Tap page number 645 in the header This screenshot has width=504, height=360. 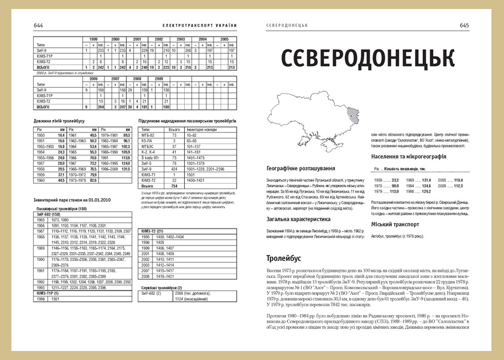click(x=464, y=25)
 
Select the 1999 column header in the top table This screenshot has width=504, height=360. click(x=94, y=39)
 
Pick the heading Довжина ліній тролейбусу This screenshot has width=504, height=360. click(x=59, y=122)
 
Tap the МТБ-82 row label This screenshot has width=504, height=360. click(x=147, y=136)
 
